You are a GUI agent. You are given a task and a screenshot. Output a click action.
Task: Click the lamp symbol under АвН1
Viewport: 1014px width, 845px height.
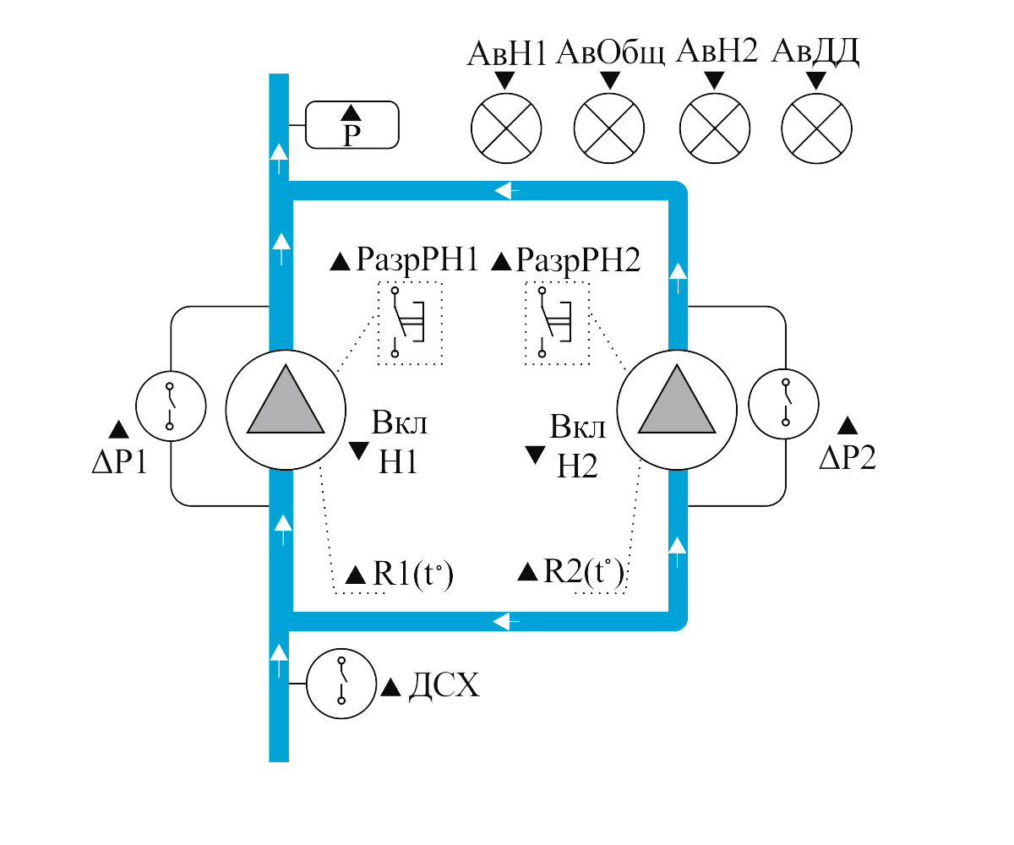coord(504,128)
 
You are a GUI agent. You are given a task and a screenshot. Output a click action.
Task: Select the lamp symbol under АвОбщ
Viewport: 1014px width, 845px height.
coord(609,128)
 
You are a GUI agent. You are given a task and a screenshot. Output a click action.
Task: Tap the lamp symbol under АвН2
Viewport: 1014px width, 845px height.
coord(714,128)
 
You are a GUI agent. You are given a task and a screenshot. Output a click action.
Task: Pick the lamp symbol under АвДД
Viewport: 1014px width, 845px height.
coord(816,128)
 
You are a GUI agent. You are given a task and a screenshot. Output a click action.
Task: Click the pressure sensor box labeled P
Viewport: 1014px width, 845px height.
coord(352,125)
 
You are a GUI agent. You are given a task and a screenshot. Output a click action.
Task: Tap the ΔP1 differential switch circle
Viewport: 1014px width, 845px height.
coord(171,406)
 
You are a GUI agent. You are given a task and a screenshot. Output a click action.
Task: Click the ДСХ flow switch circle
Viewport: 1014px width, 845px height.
coord(341,684)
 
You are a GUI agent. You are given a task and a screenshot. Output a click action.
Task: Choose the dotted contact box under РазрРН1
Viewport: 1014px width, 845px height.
coord(410,324)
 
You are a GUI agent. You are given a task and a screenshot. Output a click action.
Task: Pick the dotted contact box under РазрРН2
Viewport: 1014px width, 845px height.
coord(557,324)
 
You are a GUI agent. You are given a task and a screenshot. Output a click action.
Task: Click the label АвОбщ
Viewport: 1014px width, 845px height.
coord(610,52)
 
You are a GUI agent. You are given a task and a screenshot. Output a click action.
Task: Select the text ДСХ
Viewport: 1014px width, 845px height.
coord(444,686)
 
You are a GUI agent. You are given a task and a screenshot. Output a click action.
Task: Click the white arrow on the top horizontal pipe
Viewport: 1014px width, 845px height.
coord(506,192)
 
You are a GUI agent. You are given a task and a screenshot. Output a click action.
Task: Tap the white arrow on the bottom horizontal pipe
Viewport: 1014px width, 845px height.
coord(506,622)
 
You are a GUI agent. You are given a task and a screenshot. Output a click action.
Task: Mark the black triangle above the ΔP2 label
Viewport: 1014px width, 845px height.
coord(848,426)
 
